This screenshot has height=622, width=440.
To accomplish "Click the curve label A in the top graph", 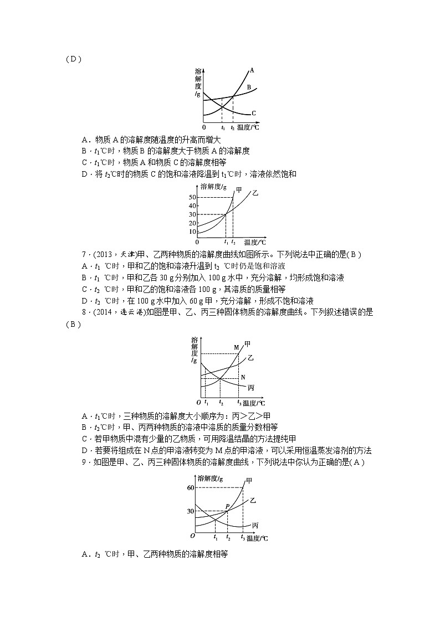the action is pyautogui.click(x=251, y=70).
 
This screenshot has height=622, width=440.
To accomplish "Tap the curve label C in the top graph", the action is pyautogui.click(x=253, y=113).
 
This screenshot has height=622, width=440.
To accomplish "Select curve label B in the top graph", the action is pyautogui.click(x=249, y=88).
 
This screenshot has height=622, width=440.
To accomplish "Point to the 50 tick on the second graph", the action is pyautogui.click(x=192, y=198).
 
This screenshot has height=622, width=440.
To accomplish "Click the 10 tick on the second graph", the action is pyautogui.click(x=192, y=232).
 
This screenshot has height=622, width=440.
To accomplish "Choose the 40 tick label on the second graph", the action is pyautogui.click(x=192, y=206).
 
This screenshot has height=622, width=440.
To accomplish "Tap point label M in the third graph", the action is pyautogui.click(x=236, y=347).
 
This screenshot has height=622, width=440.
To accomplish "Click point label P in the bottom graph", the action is pyautogui.click(x=227, y=506).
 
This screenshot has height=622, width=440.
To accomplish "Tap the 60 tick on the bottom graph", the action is pyautogui.click(x=191, y=487).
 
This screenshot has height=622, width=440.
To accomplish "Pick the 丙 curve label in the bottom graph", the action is pyautogui.click(x=254, y=525).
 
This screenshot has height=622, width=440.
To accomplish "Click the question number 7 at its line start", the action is pyautogui.click(x=83, y=254).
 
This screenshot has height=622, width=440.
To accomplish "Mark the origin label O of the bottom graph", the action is pyautogui.click(x=192, y=536).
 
